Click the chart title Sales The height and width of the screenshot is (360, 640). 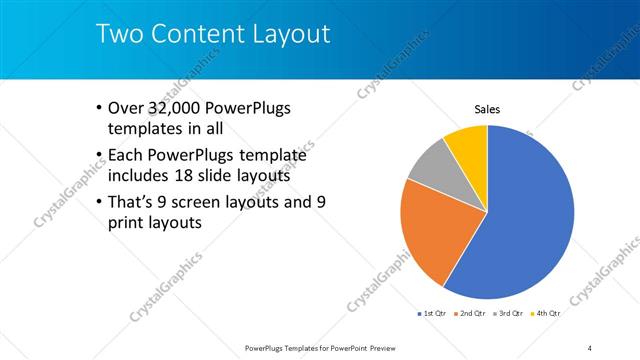coord(487,110)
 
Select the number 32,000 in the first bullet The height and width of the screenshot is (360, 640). coord(172,108)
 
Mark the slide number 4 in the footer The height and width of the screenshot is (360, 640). coord(590,347)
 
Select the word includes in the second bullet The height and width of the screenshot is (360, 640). coord(140,175)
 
